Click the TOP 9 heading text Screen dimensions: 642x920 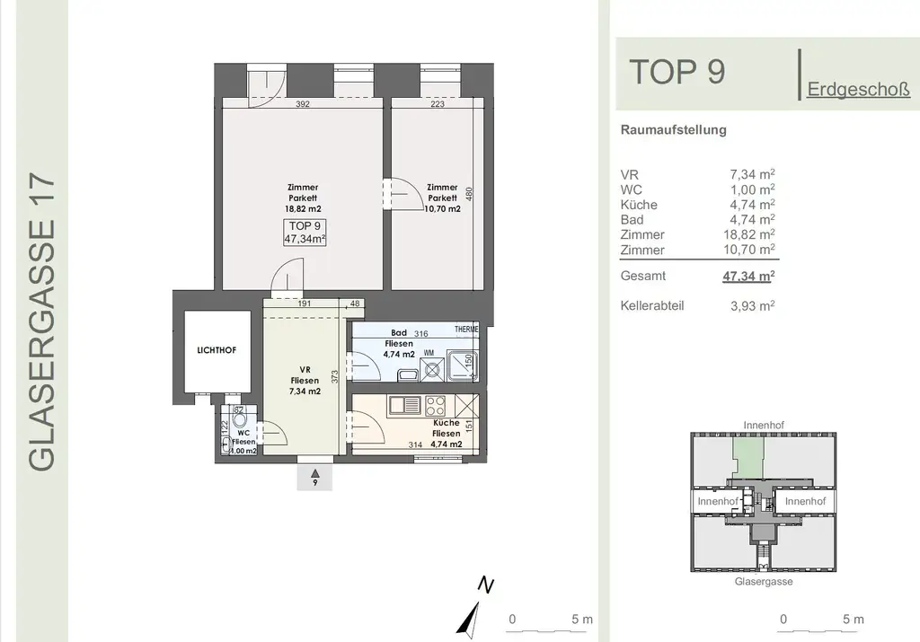click(677, 72)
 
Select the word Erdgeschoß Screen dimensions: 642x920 click(858, 90)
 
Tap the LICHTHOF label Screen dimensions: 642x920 click(216, 350)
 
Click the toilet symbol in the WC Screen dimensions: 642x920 click(239, 418)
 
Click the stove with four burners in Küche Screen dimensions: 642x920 click(435, 406)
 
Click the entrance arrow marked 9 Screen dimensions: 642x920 click(314, 476)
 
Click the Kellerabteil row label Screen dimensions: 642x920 click(652, 305)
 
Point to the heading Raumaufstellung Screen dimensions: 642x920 click(673, 129)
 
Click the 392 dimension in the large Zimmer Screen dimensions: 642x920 click(303, 104)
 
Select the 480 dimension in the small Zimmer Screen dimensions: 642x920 click(469, 193)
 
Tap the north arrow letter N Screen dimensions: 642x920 click(486, 585)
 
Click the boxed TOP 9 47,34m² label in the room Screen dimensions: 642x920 click(305, 232)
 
